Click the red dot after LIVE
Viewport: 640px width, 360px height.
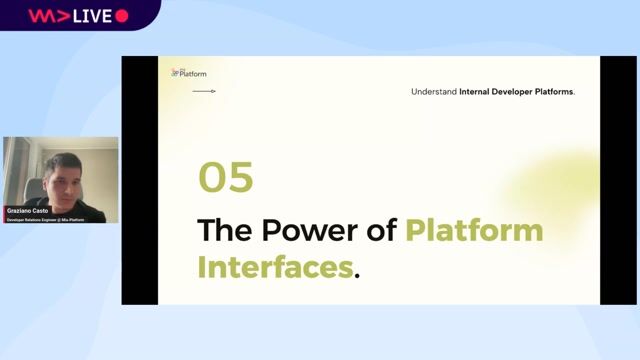(x=122, y=16)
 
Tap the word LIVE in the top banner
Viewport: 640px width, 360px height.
(x=93, y=16)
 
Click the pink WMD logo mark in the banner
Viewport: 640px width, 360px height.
(x=44, y=16)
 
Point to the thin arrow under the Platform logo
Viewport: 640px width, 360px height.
(x=204, y=91)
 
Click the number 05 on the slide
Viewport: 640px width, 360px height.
(x=225, y=178)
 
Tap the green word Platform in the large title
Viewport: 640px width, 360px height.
(x=474, y=230)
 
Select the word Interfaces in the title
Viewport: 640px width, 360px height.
(x=275, y=268)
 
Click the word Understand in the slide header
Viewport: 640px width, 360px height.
(x=433, y=92)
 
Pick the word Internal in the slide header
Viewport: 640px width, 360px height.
(x=479, y=92)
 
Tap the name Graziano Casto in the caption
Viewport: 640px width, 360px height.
(x=26, y=210)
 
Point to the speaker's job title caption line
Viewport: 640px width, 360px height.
(x=45, y=219)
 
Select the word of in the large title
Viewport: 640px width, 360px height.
(x=379, y=230)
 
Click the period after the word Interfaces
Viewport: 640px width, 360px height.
(x=357, y=275)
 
